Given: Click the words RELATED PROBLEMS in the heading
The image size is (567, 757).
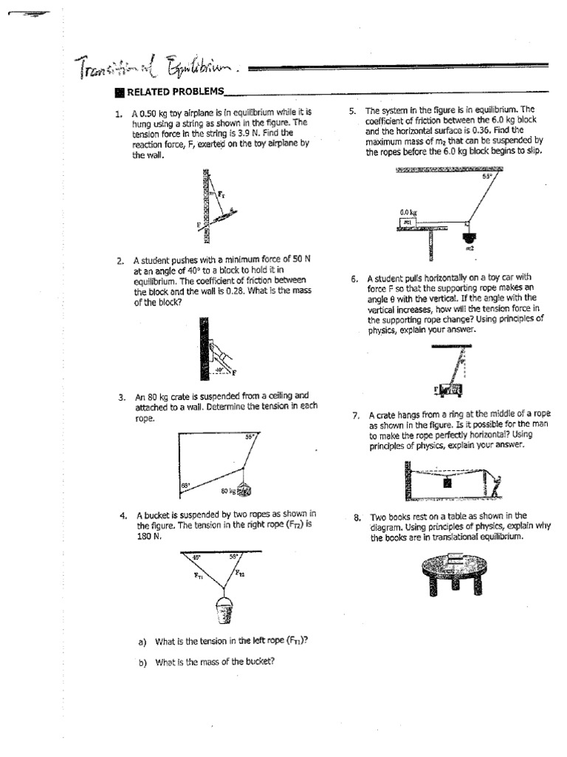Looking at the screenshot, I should pos(174,92).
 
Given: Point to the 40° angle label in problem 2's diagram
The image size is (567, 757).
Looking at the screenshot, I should pos(219,368).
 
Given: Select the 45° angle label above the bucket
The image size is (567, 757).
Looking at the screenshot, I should pos(196,557).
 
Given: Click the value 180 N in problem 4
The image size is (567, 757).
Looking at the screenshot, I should pos(147,536).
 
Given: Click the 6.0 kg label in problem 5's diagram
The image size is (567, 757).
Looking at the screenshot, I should pos(405,211).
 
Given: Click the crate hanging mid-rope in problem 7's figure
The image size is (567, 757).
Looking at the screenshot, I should pos(447,483).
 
